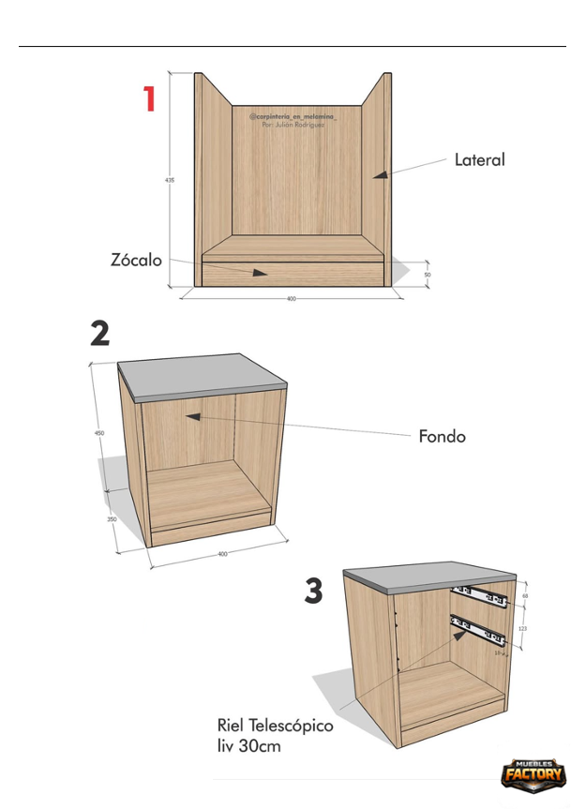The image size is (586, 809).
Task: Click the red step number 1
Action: tap(149, 99)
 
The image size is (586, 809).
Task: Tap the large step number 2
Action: tap(99, 334)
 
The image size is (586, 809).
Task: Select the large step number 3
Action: tap(314, 592)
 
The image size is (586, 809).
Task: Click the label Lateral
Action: tap(479, 160)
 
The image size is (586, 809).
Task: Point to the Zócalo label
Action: tap(137, 261)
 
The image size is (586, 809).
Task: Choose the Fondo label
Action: tap(442, 437)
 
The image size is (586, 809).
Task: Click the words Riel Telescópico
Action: tap(275, 726)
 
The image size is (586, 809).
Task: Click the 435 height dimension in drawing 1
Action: tap(170, 180)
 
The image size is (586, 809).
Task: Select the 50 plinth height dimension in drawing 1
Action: tap(428, 274)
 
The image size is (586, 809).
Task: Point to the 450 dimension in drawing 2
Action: tap(98, 433)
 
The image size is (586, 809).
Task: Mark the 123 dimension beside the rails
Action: tap(521, 629)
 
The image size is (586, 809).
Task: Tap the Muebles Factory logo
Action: tap(533, 773)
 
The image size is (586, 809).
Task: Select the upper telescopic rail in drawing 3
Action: tap(478, 594)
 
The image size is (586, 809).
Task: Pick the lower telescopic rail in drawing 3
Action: tap(478, 629)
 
